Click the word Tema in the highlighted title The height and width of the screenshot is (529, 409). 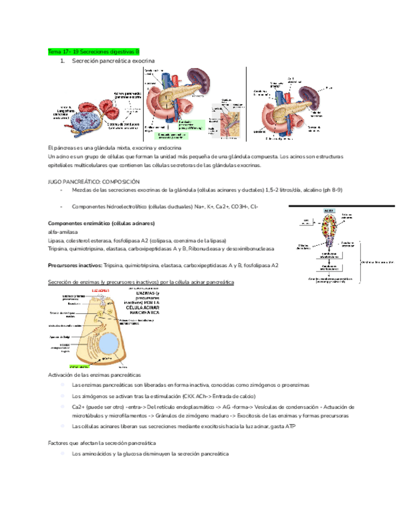(55, 52)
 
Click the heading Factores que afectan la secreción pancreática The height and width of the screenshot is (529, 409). (101, 442)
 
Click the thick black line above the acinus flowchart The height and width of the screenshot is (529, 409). (341, 205)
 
